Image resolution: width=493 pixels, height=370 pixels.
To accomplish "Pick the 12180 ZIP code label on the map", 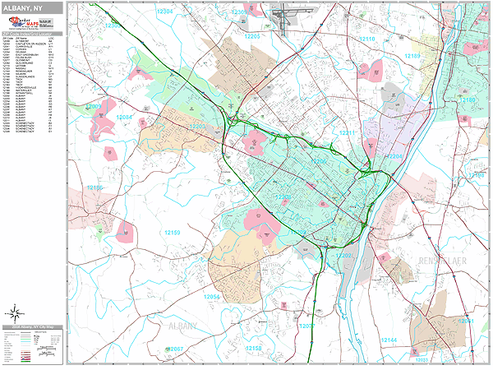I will [467, 99].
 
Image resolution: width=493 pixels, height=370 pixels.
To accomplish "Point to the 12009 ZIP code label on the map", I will [94, 106].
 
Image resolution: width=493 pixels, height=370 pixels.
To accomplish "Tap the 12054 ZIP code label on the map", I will [211, 296].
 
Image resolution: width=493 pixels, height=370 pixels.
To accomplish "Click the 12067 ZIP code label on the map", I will [175, 349].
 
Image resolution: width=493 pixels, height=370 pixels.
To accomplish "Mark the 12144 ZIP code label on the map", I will [389, 339].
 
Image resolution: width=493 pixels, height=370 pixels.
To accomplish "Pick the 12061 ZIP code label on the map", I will [467, 321].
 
